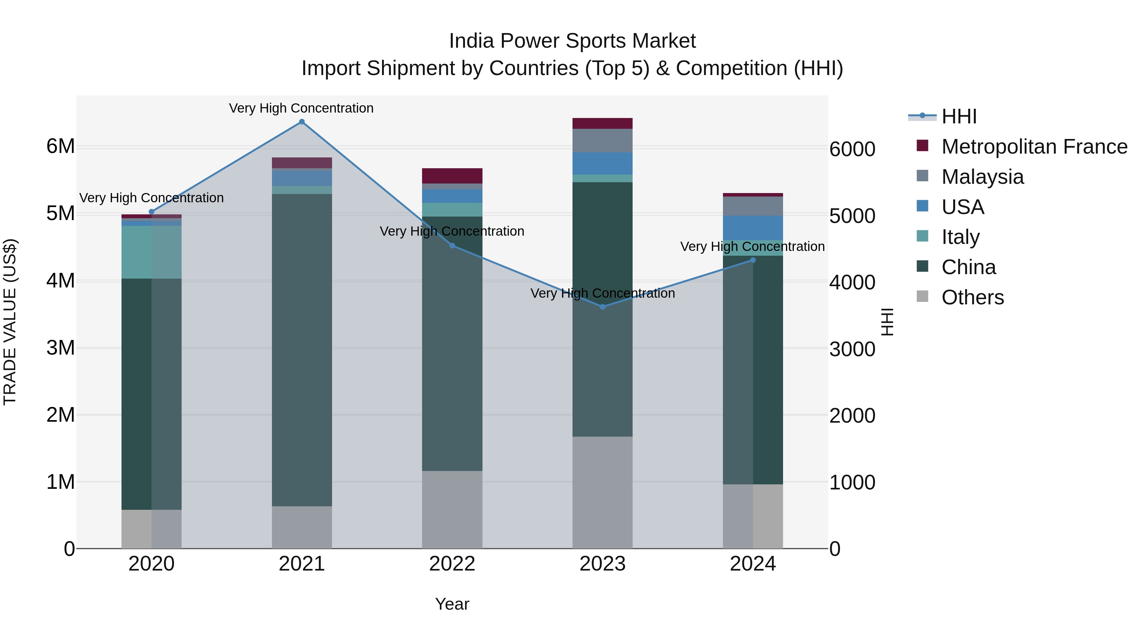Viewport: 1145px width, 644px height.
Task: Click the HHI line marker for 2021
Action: coord(302,122)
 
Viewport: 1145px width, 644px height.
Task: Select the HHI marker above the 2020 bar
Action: coord(152,212)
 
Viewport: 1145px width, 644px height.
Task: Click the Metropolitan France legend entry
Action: coord(1034,147)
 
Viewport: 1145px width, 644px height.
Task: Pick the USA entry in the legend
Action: coord(963,207)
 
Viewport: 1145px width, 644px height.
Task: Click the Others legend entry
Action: coord(973,297)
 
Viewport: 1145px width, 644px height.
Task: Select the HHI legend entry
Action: coord(959,116)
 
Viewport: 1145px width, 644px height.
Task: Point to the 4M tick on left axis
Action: coord(60,281)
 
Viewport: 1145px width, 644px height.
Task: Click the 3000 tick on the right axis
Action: coord(852,349)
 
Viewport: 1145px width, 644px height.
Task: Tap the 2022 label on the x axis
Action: coord(452,564)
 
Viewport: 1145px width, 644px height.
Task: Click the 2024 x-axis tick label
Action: coord(753,564)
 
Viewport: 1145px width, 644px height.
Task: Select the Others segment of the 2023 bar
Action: coord(602,492)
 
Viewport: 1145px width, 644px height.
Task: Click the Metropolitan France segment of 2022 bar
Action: coord(452,176)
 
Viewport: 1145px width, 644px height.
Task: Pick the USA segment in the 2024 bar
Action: coord(753,228)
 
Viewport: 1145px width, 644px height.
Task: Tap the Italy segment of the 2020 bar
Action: coord(152,252)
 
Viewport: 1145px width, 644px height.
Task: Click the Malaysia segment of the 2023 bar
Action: coord(602,141)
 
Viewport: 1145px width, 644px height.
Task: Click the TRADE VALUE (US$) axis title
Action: coord(10,322)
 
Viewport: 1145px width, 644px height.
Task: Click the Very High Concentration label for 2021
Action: coord(302,108)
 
